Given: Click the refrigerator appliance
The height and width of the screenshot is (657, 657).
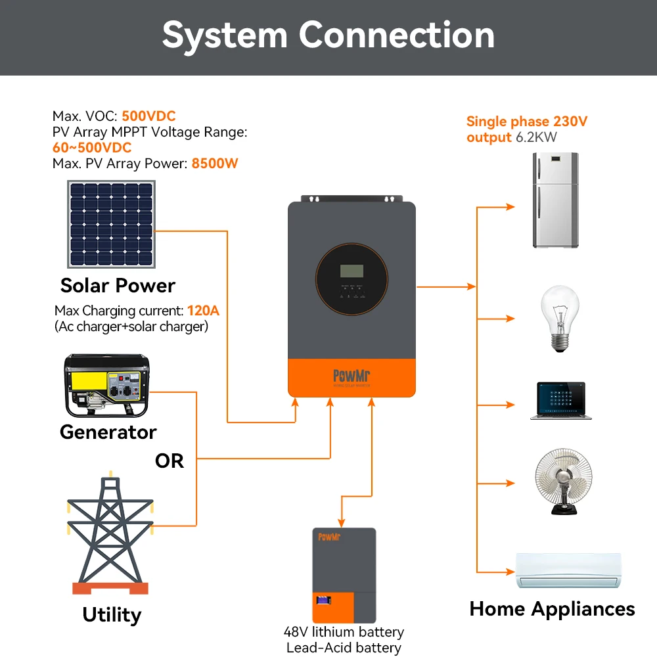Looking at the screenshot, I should pos(556,200).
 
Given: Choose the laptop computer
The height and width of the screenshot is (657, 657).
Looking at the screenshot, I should pos(560,401).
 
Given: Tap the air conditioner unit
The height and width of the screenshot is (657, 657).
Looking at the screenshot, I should pos(567,570).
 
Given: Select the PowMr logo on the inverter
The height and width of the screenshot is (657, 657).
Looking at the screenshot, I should pos(351,376).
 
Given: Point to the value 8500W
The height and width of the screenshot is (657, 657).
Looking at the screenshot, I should pos(215,164).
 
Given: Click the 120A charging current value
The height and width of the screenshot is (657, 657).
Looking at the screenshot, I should pos(204,311).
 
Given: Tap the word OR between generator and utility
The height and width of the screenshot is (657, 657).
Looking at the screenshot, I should pos(169,461).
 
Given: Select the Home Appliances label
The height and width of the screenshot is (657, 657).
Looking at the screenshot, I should pos(552,609).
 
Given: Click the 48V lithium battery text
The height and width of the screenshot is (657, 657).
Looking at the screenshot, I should pos(344,632).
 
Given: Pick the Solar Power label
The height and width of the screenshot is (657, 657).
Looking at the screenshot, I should pos(118,286).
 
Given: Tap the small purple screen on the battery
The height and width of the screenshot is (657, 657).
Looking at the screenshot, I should pos(323,600).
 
